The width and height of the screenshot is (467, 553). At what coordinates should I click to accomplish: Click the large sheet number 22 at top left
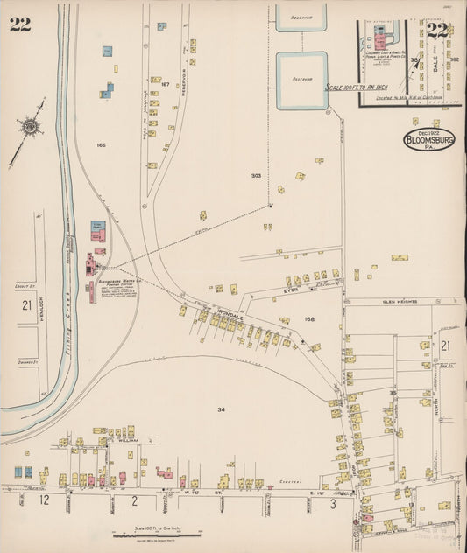tap(20, 24)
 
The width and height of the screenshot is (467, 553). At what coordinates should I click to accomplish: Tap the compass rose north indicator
tap(30, 128)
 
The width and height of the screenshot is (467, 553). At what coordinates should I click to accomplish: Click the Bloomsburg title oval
tap(429, 140)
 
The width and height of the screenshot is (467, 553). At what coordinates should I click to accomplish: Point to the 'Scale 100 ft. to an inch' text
tap(360, 87)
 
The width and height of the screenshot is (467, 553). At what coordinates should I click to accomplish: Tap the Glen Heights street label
tap(400, 302)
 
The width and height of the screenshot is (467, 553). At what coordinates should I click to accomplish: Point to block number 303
tap(256, 176)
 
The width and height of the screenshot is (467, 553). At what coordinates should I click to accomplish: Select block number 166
tap(101, 144)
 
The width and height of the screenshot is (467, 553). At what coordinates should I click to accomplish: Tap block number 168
tap(309, 319)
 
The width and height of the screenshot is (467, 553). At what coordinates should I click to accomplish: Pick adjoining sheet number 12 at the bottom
tap(44, 500)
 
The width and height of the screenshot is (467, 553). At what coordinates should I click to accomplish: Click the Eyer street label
tap(291, 288)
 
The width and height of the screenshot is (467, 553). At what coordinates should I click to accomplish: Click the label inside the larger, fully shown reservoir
tap(301, 79)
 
